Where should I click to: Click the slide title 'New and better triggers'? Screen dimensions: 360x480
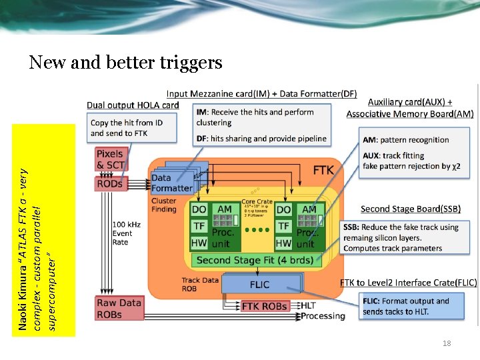[x=125, y=63]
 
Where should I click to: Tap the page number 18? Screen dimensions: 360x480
[x=447, y=343]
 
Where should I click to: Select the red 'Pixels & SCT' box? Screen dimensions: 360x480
[x=110, y=160]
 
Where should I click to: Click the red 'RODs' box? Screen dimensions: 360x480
[x=110, y=183]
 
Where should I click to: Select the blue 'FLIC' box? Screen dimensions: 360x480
[x=259, y=284]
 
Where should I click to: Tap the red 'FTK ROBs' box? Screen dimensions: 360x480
[x=265, y=307]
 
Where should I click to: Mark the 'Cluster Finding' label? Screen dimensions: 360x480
[x=164, y=205]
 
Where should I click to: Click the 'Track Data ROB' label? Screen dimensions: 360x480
[x=199, y=285]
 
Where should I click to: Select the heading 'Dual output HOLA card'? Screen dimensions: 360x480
[x=133, y=105]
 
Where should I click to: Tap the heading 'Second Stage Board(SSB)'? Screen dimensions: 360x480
[x=410, y=209]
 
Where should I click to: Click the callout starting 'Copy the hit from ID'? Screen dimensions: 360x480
[x=127, y=128]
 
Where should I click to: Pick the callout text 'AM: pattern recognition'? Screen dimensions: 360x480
[x=406, y=140]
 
